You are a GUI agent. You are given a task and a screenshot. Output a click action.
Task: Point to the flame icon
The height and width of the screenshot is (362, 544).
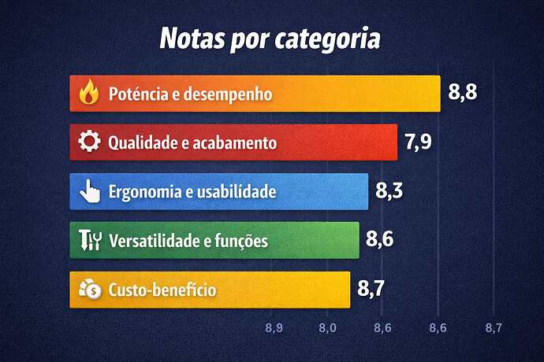(x=89, y=94)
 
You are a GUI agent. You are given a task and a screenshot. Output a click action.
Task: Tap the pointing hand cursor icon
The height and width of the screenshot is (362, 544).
(x=90, y=191)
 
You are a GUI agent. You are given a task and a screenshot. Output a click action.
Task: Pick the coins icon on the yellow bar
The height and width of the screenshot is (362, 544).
(x=90, y=290)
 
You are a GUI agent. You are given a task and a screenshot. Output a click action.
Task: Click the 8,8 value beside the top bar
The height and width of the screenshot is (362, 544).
(x=464, y=91)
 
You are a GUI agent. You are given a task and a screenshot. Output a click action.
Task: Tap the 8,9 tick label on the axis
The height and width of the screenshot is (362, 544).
(x=274, y=327)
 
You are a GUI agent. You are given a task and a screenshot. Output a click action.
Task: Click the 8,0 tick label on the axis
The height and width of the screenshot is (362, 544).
(x=328, y=327)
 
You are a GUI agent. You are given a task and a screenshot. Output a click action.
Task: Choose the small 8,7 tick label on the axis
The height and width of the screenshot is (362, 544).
(x=494, y=327)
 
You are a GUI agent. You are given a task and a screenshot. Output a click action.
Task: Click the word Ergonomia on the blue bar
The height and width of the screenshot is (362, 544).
(x=138, y=191)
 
